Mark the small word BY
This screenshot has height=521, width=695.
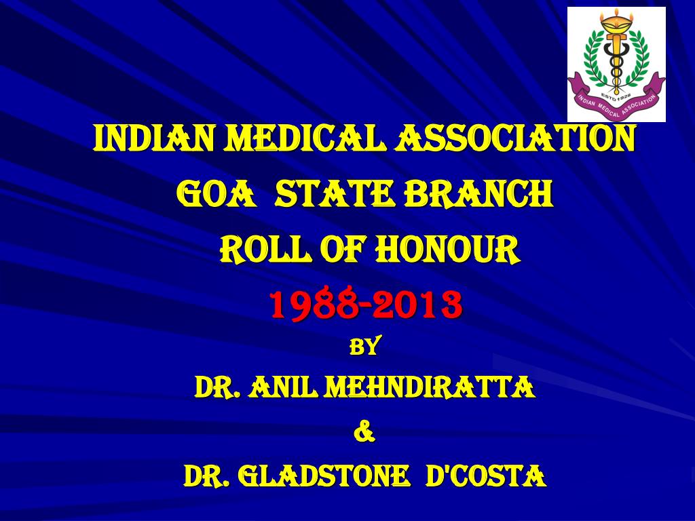(x=364, y=347)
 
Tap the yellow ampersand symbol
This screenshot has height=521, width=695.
(x=364, y=432)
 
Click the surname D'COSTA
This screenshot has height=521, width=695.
(x=485, y=477)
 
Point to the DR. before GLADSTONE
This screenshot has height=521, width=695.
(x=207, y=477)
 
